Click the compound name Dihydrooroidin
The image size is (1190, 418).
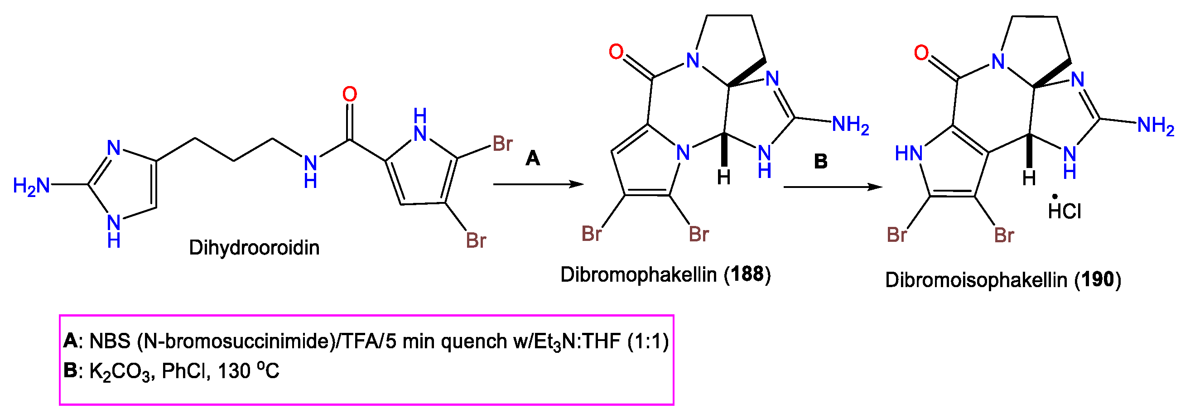click(x=254, y=248)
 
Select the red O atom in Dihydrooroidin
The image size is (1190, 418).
click(x=350, y=94)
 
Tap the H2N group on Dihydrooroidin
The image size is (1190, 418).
click(x=31, y=186)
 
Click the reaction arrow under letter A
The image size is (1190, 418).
click(x=538, y=185)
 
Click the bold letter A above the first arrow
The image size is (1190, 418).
click(x=533, y=159)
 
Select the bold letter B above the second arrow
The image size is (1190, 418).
click(x=820, y=161)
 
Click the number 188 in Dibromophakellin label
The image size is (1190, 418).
click(x=747, y=274)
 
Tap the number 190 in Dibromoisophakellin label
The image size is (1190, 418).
click(x=1098, y=279)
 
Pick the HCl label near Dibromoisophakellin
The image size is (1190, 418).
click(x=1065, y=211)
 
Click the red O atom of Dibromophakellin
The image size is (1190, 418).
click(x=616, y=52)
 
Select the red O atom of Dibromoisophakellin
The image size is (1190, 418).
click(x=921, y=53)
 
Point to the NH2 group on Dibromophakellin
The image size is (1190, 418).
click(x=850, y=125)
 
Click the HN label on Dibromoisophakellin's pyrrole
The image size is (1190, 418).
click(x=908, y=154)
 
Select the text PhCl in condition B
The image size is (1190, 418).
click(x=183, y=371)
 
